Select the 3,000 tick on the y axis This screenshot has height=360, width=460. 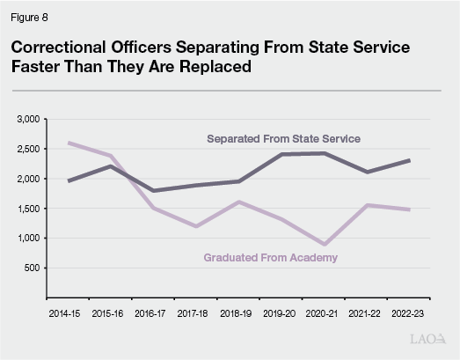[28, 119]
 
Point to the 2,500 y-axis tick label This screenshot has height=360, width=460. [28, 149]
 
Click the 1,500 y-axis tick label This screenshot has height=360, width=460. [28, 209]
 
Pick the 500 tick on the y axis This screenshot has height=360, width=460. [33, 268]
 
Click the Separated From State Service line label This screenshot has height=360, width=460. [283, 139]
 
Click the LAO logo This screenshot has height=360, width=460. [428, 338]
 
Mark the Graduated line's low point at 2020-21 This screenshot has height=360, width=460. [325, 244]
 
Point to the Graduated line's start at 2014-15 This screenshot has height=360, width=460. [69, 143]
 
